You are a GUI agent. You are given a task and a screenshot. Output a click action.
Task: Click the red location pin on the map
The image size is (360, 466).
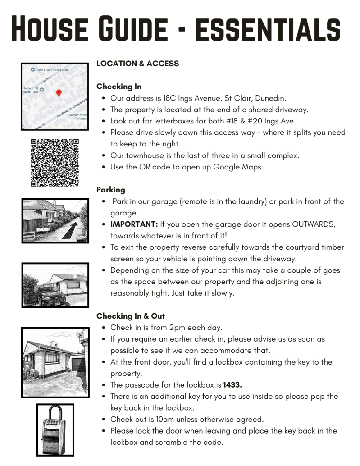[x=58, y=93]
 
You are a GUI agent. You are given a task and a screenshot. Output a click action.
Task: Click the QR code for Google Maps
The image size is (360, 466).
[x=55, y=163]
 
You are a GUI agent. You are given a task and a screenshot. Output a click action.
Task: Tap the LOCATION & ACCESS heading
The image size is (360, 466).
[x=137, y=64]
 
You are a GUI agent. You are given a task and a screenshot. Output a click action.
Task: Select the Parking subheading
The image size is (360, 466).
[x=111, y=190]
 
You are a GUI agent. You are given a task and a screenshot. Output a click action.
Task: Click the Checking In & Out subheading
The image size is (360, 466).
[x=131, y=316]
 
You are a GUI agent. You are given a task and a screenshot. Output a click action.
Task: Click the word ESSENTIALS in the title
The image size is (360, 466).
[x=267, y=28]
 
